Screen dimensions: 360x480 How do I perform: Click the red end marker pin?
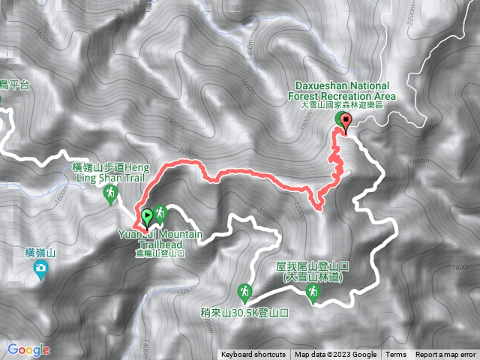pyautogui.click(x=345, y=123)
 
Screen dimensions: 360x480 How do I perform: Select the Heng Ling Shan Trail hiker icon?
pyautogui.click(x=110, y=194)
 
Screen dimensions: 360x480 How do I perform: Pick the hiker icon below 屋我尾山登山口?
pyautogui.click(x=310, y=297)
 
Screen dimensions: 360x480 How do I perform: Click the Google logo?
pyautogui.click(x=28, y=349)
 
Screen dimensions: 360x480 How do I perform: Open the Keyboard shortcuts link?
pyautogui.click(x=253, y=355)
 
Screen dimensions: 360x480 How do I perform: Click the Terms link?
pyautogui.click(x=395, y=355)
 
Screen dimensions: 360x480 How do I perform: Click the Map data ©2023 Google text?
pyautogui.click(x=335, y=355)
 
